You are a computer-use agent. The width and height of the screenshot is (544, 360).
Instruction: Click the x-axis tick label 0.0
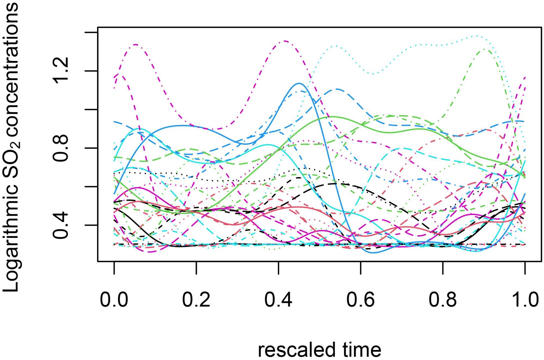point(114,300)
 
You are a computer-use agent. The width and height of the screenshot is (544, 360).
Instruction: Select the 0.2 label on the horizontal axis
point(196,300)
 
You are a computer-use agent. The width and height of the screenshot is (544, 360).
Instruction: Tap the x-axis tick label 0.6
point(360,300)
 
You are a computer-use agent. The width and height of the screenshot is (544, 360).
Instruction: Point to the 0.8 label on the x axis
point(443,300)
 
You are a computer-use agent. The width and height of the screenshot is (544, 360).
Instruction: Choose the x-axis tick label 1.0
point(525,300)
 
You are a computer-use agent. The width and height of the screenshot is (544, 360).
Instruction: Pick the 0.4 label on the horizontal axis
point(278,300)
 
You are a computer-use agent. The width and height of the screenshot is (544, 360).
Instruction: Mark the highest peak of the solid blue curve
point(299,83)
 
